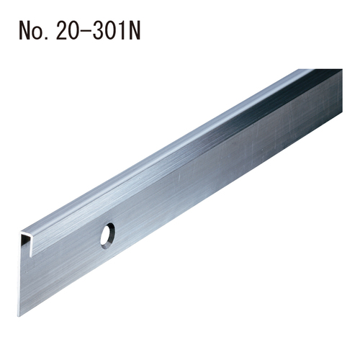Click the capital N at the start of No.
25,31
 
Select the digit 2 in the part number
62,30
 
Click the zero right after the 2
74,31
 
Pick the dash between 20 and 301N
86,32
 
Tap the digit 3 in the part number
98,31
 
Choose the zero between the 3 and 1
110,31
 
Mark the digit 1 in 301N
122,31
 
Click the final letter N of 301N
135,31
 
